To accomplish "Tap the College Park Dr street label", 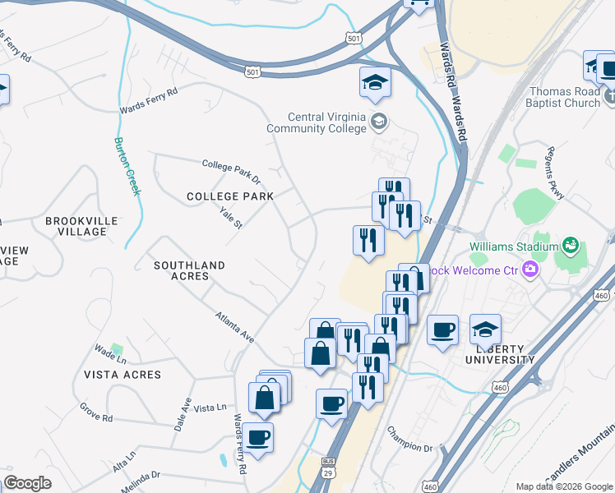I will click(231, 171).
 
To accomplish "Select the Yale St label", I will click(232, 219).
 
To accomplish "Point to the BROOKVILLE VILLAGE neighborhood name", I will click(81, 226).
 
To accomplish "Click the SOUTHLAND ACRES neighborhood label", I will click(189, 270).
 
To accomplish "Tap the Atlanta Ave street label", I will click(236, 326).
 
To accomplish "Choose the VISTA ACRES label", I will click(123, 374).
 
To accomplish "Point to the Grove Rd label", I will click(95, 412).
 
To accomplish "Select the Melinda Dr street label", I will click(139, 481).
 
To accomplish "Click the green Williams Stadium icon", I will click(569, 245).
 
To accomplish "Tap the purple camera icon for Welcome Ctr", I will click(530, 269).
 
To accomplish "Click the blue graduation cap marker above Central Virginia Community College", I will click(375, 83).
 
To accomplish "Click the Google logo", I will click(27, 482).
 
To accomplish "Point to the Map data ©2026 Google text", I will click(562, 486).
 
